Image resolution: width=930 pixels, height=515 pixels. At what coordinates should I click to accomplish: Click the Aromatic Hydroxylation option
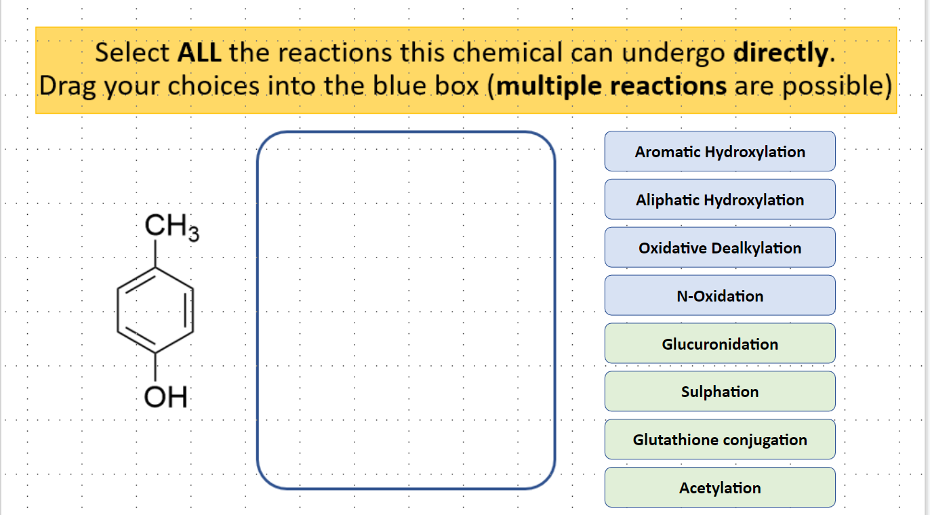[720, 151]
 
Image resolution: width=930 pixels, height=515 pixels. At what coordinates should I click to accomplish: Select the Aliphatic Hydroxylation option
[720, 199]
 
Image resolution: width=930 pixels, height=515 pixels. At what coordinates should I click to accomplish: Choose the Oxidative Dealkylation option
[720, 247]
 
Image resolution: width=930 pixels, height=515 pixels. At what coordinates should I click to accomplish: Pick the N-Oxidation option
[720, 295]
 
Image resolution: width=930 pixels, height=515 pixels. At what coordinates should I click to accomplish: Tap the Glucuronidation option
[720, 344]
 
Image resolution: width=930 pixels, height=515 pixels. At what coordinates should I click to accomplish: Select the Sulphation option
[720, 392]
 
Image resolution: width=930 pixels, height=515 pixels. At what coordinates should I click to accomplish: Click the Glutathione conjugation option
[720, 440]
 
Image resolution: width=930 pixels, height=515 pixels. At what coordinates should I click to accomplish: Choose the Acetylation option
[720, 488]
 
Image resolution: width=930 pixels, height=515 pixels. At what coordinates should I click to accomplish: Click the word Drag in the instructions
[66, 86]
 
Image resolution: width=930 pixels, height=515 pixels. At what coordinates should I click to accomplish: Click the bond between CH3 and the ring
[155, 254]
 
